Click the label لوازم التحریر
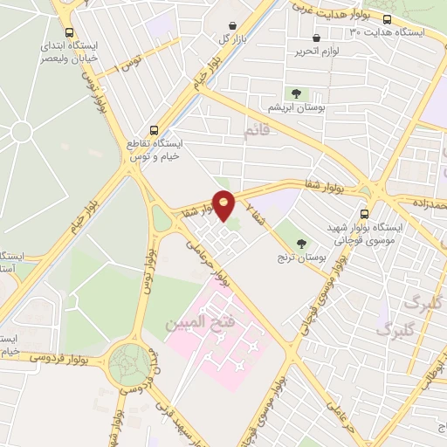coord(316,51)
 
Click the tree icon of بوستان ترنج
coord(302,243)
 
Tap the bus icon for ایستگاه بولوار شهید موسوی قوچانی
coord(364,214)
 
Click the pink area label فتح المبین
coord(201,323)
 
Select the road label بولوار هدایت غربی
coord(327,9)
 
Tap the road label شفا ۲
coord(252,209)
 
